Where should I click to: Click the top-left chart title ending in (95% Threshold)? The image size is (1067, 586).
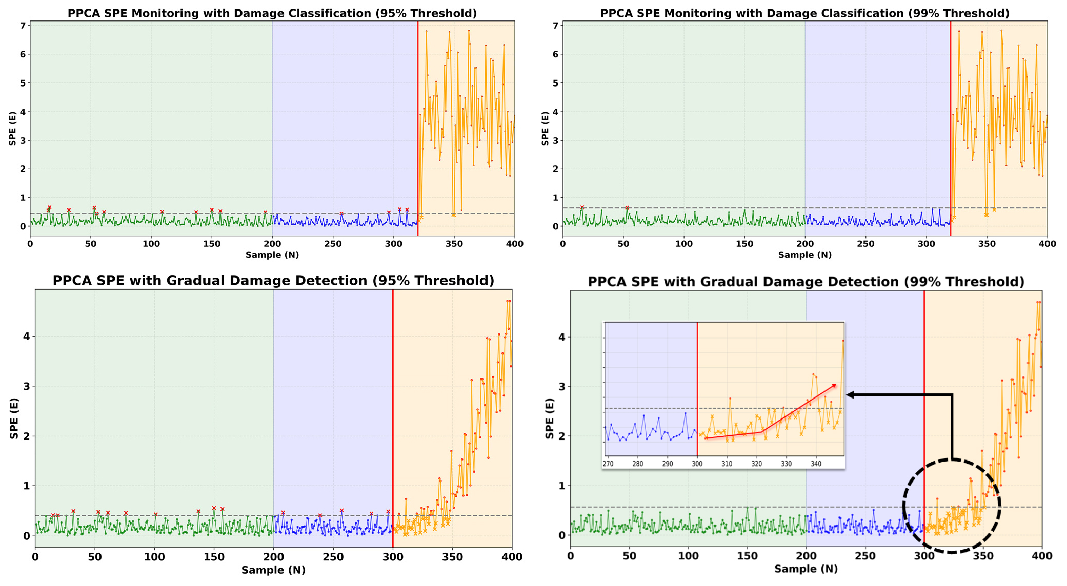click(272, 13)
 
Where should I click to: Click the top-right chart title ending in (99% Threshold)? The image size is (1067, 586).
click(804, 13)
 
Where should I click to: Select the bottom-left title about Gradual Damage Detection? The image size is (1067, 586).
click(273, 281)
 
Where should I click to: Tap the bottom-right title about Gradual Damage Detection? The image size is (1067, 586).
click(806, 282)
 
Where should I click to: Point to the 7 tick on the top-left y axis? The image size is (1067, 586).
click(23, 26)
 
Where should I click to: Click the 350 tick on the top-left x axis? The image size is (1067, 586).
click(454, 244)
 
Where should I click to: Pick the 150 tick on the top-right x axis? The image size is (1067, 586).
click(744, 244)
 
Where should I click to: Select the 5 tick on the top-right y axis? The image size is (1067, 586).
click(555, 83)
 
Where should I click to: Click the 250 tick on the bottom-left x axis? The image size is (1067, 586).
click(333, 556)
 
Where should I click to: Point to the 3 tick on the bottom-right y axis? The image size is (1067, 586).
click(561, 387)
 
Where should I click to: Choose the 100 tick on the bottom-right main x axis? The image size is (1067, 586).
click(688, 556)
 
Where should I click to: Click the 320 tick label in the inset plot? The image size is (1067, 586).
click(757, 464)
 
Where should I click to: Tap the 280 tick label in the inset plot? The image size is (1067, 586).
click(637, 464)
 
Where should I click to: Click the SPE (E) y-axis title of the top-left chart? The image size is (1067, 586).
click(12, 129)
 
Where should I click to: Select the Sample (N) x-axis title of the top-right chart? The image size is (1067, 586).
click(804, 255)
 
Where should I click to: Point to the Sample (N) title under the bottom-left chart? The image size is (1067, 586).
click(273, 570)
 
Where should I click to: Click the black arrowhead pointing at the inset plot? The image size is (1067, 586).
click(850, 394)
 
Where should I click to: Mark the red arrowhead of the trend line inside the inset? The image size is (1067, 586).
click(834, 385)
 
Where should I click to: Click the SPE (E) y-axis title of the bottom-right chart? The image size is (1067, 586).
click(550, 418)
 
